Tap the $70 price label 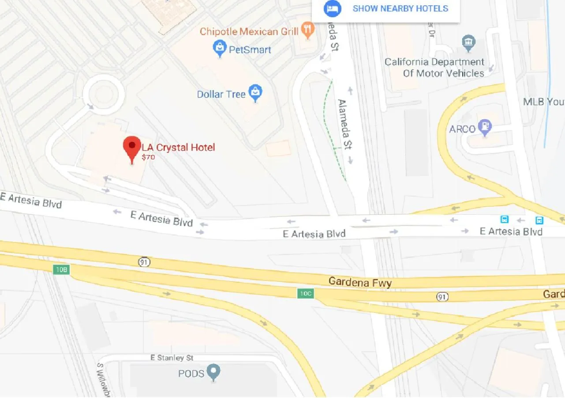coord(148,157)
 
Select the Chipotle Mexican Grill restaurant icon coord(307,30)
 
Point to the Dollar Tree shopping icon coord(255,93)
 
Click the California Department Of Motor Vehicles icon coord(468,43)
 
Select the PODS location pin coord(214,372)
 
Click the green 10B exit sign coord(62,269)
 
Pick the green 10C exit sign coord(305,293)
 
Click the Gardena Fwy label coord(360,282)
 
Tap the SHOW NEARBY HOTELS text coord(400,8)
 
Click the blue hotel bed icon coord(332,8)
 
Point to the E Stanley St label coord(172,358)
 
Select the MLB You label coord(543,102)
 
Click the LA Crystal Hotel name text coord(178,147)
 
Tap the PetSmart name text coord(250,49)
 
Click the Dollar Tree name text coord(221,94)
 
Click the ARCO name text coord(462,129)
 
